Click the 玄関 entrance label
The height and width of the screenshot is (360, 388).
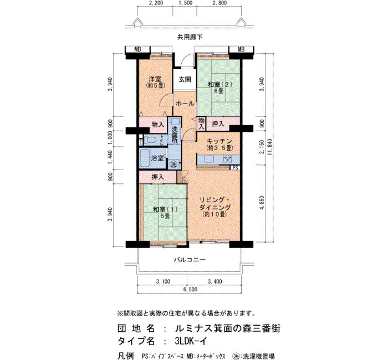click(185, 80)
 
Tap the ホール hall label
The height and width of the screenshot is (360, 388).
click(185, 104)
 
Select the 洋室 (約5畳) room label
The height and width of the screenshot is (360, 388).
click(155, 82)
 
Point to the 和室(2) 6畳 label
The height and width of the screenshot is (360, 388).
click(219, 88)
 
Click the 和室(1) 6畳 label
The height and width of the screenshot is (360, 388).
click(165, 212)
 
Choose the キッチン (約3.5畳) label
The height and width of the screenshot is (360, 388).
click(219, 145)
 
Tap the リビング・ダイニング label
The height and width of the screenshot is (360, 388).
click(215, 207)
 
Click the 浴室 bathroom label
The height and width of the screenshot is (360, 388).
click(157, 158)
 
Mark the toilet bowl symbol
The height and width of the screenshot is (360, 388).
click(150, 140)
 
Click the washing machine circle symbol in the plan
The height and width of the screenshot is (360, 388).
click(173, 164)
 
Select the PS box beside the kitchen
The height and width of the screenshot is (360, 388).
click(235, 168)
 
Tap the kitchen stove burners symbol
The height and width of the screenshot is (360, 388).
click(227, 159)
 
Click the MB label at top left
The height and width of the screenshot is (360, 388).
click(137, 49)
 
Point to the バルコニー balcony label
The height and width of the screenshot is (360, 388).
click(190, 260)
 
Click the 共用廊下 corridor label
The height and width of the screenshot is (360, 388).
click(190, 37)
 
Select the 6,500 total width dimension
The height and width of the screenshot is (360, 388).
click(190, 289)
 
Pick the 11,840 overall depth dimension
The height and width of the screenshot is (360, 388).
click(270, 148)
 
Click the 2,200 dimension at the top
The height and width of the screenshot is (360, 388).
click(156, 3)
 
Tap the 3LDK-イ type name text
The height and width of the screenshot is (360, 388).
click(191, 341)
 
